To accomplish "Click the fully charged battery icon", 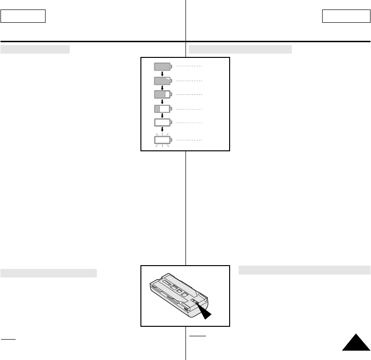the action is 162,67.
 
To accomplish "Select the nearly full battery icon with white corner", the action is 162,81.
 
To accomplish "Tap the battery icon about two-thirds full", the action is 162,94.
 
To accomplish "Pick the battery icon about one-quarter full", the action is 162,109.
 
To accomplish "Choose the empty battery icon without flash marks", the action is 162,122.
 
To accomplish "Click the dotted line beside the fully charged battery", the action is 189,67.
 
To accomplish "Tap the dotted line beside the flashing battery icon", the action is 189,140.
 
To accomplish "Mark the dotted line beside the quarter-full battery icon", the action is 189,109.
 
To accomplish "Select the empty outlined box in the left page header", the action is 23,17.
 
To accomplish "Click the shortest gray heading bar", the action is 35,50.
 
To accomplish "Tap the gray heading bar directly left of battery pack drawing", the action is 48,273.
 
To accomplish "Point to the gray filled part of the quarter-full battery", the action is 157,109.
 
